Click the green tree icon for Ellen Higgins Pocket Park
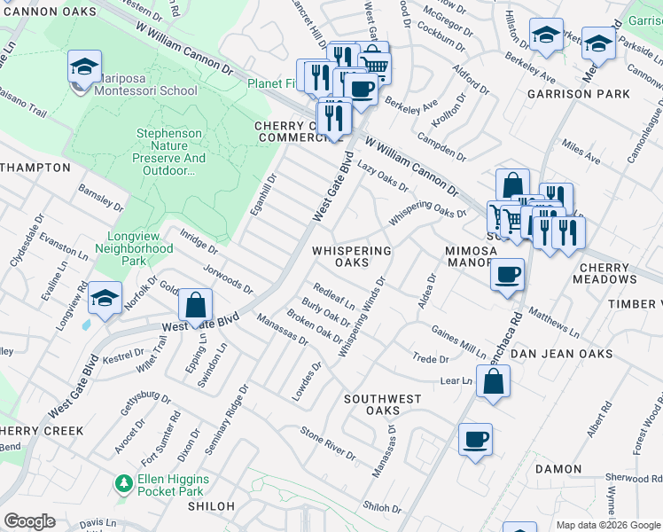(123, 484)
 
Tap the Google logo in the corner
(29, 521)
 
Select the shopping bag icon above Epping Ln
(196, 306)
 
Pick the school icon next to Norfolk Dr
(105, 299)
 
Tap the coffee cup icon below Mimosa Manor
(507, 274)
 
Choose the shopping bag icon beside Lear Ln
(494, 381)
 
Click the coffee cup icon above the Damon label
(475, 440)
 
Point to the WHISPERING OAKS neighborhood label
(352, 256)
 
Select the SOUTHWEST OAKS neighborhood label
(383, 404)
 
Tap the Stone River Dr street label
(327, 443)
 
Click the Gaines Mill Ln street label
(458, 340)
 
